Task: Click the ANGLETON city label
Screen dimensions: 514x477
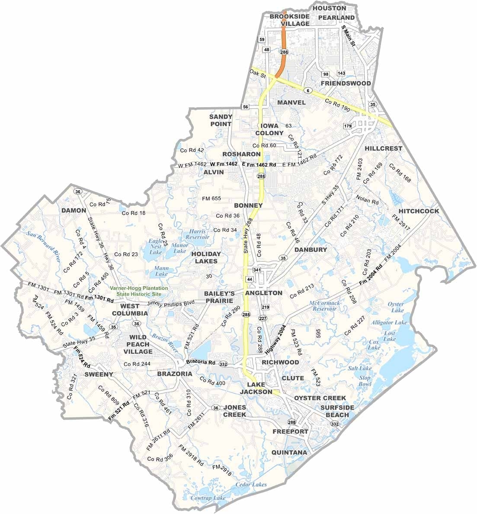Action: (263, 293)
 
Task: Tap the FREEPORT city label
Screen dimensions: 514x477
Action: (290, 432)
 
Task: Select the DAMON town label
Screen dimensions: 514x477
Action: (74, 210)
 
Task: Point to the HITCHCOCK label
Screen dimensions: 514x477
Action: (419, 211)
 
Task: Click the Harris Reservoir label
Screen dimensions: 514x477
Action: (197, 234)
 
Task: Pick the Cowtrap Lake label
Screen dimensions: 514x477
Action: (209, 498)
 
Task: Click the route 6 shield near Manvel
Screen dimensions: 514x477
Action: (307, 90)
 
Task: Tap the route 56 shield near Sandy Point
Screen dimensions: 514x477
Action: (246, 107)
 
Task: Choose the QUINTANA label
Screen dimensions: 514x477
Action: (289, 453)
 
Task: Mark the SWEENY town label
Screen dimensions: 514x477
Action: (99, 374)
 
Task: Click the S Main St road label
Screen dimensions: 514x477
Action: (348, 36)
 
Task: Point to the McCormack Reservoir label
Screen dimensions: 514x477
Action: (323, 306)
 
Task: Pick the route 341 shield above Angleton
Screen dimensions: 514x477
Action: (257, 270)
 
